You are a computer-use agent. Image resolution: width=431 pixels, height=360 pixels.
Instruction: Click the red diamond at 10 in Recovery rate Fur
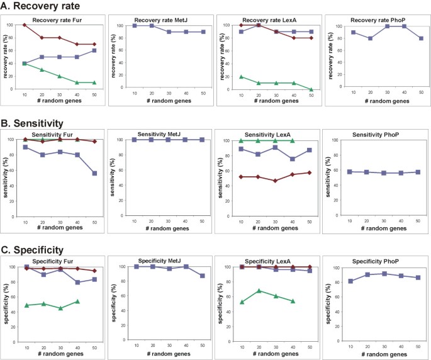(x=24, y=25)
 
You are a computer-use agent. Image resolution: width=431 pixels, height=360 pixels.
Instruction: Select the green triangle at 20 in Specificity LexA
(x=258, y=291)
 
